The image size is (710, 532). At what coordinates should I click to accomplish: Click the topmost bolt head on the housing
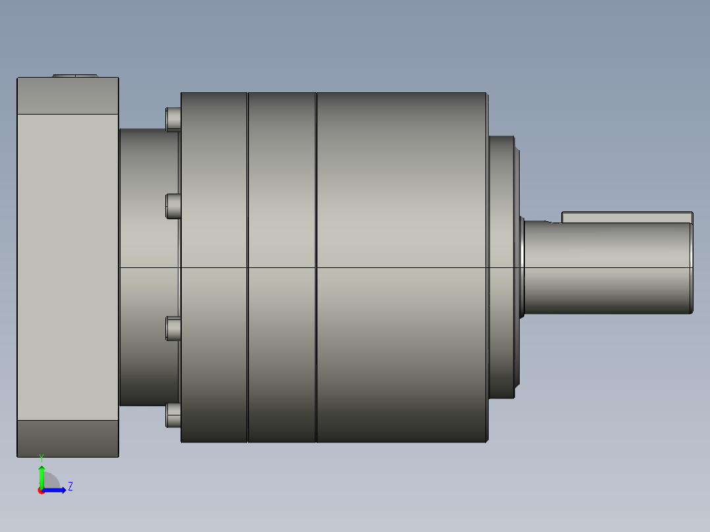tap(173, 120)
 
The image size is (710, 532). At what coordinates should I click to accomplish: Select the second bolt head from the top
tap(173, 206)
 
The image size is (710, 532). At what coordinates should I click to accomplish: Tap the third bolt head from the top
tap(173, 329)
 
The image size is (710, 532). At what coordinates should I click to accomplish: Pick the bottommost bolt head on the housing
tap(173, 415)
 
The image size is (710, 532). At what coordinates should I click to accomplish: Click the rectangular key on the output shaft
tap(627, 217)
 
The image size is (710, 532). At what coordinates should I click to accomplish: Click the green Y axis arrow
tap(41, 471)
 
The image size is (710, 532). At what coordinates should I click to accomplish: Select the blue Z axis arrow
tap(53, 490)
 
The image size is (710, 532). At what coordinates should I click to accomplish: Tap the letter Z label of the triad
tap(70, 487)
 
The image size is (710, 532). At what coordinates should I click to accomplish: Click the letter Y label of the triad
tap(41, 458)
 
